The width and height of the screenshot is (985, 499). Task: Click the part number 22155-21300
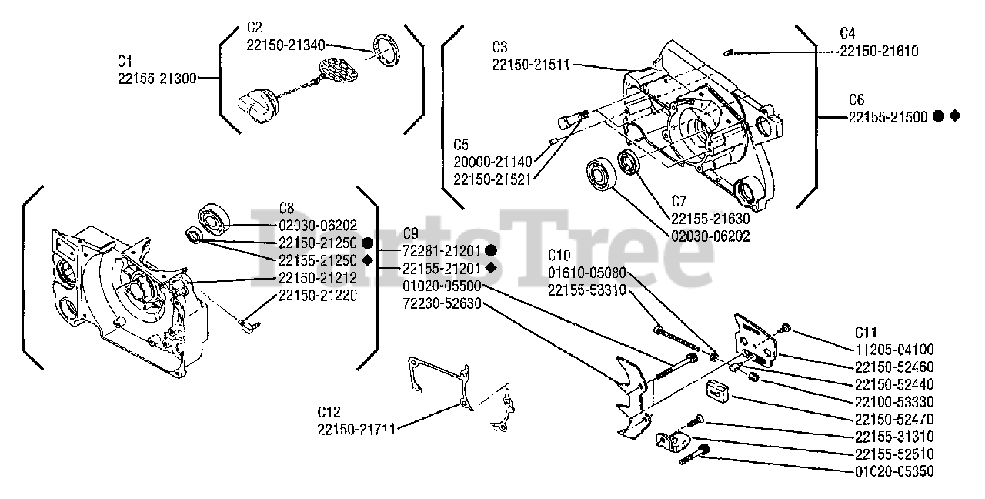pos(157,78)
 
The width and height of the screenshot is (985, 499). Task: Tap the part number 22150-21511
pos(531,65)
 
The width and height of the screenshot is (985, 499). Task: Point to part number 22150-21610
pos(878,51)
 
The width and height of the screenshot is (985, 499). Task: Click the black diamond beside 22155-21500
pos(955,116)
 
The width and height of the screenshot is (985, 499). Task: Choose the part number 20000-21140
pos(492,162)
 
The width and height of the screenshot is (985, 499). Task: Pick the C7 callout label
pos(679,201)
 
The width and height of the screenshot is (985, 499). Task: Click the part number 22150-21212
pos(317,278)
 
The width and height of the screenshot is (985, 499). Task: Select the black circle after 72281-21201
pos(490,250)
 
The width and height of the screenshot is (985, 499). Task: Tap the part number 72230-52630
pos(442,303)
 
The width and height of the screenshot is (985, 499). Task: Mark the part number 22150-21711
pos(356,429)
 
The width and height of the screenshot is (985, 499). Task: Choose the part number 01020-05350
pos(894,471)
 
